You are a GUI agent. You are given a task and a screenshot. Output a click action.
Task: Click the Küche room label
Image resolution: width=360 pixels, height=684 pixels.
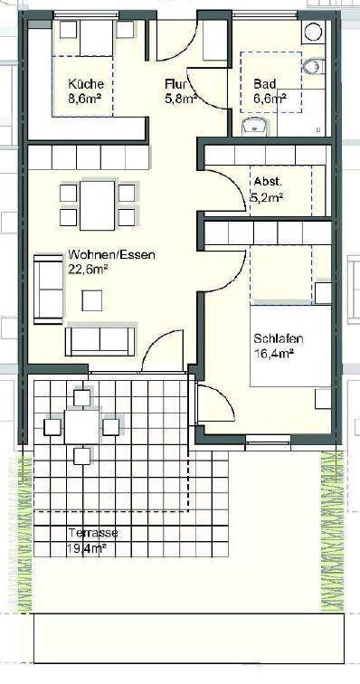(86, 83)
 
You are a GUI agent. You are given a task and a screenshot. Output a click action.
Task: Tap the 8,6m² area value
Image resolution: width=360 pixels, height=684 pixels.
(85, 98)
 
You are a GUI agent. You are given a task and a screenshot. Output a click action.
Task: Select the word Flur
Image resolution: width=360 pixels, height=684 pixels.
(175, 83)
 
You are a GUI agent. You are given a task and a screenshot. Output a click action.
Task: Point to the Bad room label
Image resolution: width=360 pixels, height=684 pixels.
(265, 83)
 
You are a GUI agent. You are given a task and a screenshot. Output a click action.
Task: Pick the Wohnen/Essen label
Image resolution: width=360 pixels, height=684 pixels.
(112, 254)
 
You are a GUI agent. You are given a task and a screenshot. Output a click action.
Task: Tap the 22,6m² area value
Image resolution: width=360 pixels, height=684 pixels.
(88, 269)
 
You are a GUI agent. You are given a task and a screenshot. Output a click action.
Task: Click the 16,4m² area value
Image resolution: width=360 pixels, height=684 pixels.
(273, 353)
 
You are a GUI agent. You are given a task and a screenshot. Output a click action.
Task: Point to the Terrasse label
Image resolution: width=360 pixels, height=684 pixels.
(93, 533)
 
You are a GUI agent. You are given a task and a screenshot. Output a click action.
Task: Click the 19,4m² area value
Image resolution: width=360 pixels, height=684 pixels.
(88, 548)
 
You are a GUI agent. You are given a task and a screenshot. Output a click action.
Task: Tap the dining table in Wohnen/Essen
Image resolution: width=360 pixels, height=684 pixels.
(98, 205)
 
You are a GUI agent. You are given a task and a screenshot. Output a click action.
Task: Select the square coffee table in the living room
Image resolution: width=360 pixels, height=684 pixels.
(92, 300)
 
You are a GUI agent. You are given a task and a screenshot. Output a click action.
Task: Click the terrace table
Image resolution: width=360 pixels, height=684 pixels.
(81, 427)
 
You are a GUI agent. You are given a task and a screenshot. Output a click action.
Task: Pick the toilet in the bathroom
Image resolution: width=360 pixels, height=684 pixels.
(313, 67)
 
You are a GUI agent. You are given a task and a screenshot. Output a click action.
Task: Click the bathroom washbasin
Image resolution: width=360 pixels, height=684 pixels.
(255, 126)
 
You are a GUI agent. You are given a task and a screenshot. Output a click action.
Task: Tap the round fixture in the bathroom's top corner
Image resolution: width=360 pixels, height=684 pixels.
(313, 32)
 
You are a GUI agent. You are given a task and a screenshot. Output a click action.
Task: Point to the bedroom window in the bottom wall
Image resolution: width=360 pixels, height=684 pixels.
(268, 440)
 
